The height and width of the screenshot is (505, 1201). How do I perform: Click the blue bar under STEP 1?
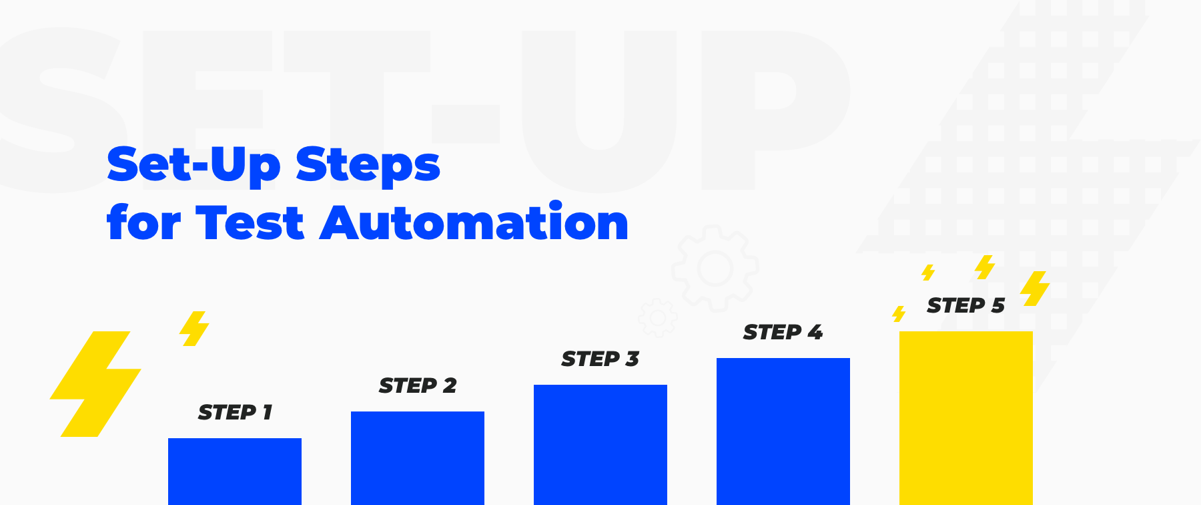coord(235,472)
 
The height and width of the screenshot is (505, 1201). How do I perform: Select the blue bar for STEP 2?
coord(418,458)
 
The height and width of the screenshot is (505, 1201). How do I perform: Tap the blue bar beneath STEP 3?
coord(600,445)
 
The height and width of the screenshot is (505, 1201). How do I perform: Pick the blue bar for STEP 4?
coord(783,432)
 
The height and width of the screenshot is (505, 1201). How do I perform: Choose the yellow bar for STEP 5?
coord(966,418)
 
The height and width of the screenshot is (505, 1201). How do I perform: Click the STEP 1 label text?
coord(235,412)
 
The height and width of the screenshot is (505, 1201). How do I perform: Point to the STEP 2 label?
coord(418,385)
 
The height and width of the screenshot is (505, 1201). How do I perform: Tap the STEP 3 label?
coord(600,359)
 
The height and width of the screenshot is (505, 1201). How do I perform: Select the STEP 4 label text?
coord(783,332)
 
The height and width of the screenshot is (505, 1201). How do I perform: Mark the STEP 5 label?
coord(966,305)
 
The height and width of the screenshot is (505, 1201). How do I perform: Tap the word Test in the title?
coord(250,222)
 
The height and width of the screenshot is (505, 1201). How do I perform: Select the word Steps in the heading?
coord(368,166)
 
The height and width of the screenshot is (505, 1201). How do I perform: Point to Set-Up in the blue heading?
coord(194,166)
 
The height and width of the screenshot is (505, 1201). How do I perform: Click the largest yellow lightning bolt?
coord(95,384)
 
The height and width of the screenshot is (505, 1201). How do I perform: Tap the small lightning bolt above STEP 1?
coord(195,329)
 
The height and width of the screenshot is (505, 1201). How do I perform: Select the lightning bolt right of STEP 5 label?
coord(1035,289)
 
